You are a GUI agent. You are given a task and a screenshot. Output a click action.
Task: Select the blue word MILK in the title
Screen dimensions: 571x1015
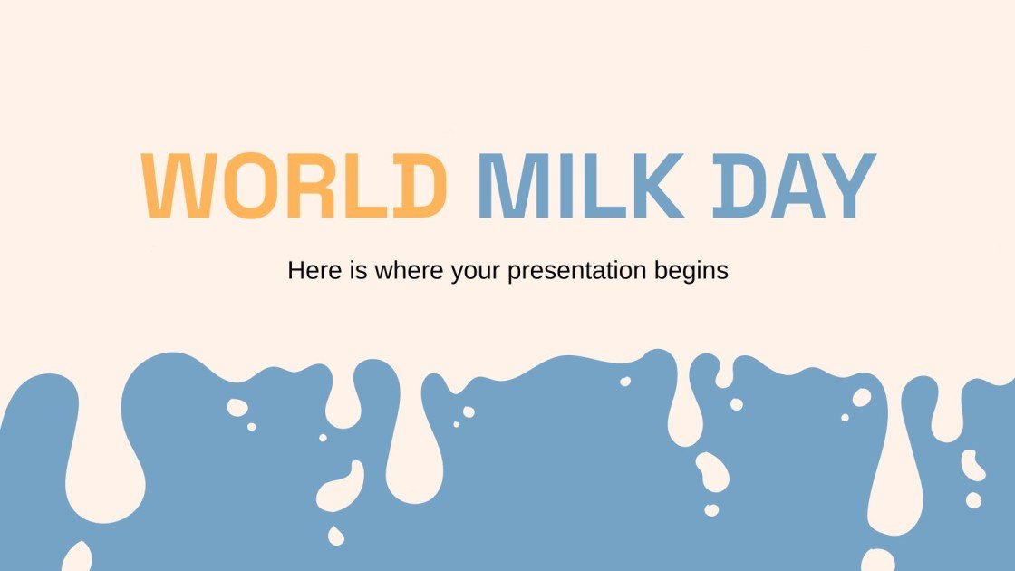pos(581,186)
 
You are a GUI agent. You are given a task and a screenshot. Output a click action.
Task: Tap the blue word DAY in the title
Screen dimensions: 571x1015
pos(794,186)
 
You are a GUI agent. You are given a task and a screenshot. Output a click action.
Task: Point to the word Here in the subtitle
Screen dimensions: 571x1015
pos(312,270)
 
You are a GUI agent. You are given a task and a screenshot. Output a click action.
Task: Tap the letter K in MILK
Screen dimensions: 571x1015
pos(657,186)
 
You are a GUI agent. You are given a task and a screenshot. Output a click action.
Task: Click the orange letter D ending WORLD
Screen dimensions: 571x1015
pos(419,186)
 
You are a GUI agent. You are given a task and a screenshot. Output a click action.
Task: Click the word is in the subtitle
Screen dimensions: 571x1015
pos(351,270)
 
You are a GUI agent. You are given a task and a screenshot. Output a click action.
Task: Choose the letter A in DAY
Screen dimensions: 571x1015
pos(791,186)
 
